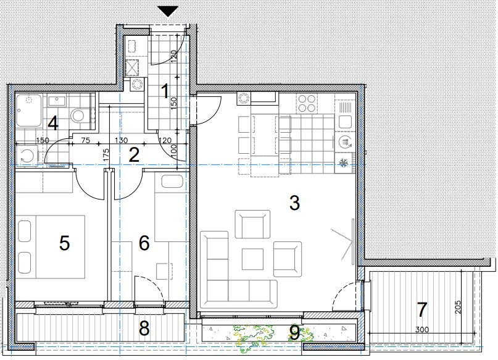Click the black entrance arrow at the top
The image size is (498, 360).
[168, 11]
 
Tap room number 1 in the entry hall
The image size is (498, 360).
[165, 91]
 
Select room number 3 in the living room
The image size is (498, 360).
[294, 203]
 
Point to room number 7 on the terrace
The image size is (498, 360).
[421, 310]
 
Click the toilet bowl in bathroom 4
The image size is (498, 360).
[77, 116]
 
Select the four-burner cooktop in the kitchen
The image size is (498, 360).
[307, 103]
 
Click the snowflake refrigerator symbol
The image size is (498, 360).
[343, 163]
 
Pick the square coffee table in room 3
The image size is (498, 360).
[252, 259]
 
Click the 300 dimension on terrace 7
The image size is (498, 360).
[421, 330]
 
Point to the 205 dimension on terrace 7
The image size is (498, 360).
[458, 307]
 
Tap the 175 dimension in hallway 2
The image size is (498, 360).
[106, 155]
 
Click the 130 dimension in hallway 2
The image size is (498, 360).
[121, 140]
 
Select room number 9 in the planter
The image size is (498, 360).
[294, 333]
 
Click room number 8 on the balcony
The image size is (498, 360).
[144, 329]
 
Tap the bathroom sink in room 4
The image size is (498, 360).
[57, 101]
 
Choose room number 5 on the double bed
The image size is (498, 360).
[64, 243]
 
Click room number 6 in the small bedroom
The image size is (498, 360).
[144, 243]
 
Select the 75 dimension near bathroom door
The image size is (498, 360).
[86, 140]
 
